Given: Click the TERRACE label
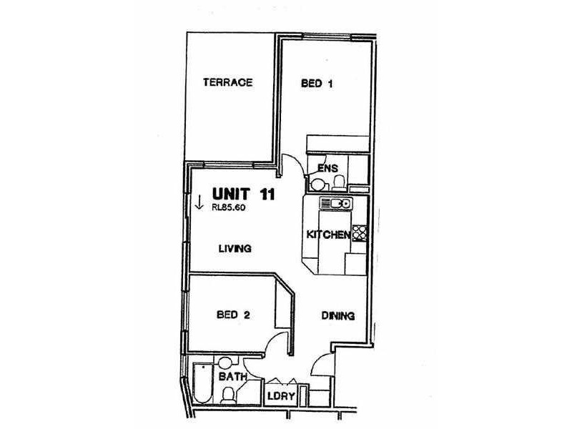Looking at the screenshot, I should coord(227,82).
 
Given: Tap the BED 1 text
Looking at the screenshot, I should coord(317,83).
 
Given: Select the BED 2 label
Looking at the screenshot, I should coord(232,313).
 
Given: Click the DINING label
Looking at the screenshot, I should coord(337,315).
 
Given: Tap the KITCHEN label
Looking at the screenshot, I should coord(327,235).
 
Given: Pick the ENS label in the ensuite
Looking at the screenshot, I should coord(327,169).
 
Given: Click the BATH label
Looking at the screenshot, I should coord(232,375).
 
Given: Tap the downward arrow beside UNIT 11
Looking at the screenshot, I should coord(198,204).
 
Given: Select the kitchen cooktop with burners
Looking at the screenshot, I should coord(360,233).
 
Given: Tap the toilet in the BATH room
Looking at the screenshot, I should coord(227,395).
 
